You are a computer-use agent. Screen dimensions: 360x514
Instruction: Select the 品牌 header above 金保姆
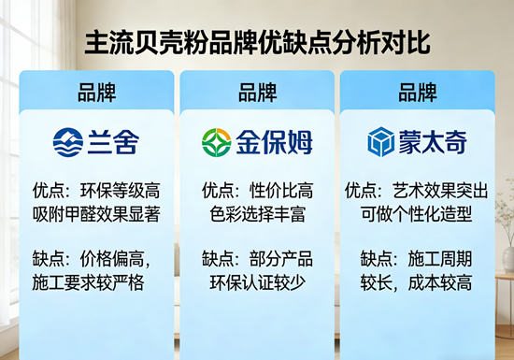pyautogui.click(x=258, y=93)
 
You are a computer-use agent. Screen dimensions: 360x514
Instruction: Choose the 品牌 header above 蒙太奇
pyautogui.click(x=417, y=93)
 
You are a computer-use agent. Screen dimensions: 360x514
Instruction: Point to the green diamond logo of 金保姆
pyautogui.click(x=216, y=142)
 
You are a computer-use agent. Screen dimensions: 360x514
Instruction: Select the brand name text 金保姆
pyautogui.click(x=273, y=142)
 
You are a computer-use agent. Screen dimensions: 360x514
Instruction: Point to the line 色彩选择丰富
pyautogui.click(x=258, y=212)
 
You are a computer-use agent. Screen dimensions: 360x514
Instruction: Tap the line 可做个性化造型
pyautogui.click(x=417, y=212)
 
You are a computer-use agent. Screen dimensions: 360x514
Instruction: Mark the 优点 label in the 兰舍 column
pyautogui.click(x=48, y=189)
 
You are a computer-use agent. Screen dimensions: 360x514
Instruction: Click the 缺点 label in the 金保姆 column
pyautogui.click(x=220, y=254)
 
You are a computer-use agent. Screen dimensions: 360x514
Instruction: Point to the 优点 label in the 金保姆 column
pyautogui.click(x=220, y=189)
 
